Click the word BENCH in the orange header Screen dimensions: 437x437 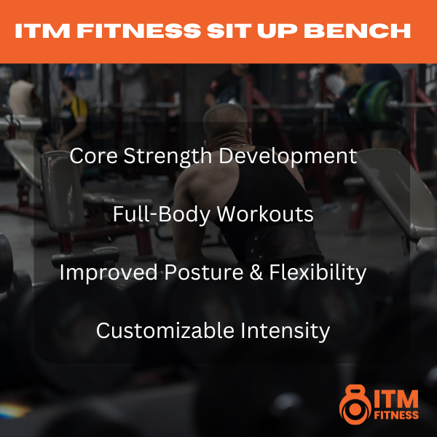coord(357,31)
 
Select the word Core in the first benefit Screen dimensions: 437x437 coord(93,156)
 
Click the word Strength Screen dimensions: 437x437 coord(168,157)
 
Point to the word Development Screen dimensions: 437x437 coord(288,157)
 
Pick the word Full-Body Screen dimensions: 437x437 coord(162,215)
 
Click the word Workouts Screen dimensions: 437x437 coord(265,214)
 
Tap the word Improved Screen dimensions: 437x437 coord(109,273)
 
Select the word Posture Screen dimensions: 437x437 coord(204,272)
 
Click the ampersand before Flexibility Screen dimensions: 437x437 coord(256,272)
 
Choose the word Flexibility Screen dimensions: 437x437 coord(318,273)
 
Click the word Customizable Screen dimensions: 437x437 coord(165,331)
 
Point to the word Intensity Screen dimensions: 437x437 coord(285,331)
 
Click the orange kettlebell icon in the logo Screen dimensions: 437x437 coord(355,405)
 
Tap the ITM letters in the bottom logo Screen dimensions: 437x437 coord(396,399)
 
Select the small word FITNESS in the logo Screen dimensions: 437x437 coord(396,415)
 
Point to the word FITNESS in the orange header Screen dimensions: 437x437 coord(139,31)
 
